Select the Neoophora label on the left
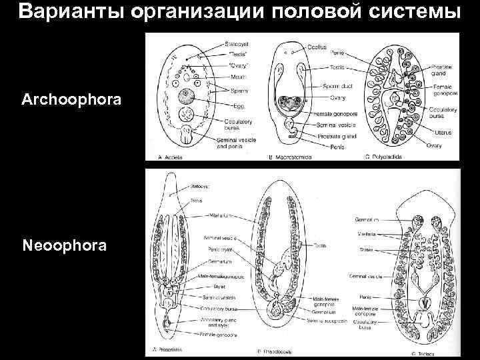coord(64,247)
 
